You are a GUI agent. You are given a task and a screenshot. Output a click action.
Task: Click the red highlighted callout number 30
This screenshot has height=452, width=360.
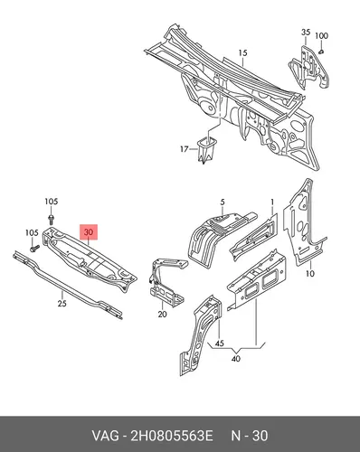(x=89, y=232)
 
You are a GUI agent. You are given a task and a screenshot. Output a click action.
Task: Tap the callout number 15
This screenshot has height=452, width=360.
(x=242, y=53)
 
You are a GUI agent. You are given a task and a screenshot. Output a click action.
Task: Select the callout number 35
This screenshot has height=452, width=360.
(x=306, y=32)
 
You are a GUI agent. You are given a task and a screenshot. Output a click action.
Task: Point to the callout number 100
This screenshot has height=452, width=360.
(x=321, y=35)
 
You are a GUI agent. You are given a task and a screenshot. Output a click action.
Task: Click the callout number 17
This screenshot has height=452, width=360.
(x=185, y=149)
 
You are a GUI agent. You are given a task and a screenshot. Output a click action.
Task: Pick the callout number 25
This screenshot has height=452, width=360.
(x=62, y=303)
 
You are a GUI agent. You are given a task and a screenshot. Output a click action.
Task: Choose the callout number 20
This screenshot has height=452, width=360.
(x=162, y=314)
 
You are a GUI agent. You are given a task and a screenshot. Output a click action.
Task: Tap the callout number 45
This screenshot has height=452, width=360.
(x=220, y=344)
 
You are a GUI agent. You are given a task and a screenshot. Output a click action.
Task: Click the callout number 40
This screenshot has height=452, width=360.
(x=236, y=359)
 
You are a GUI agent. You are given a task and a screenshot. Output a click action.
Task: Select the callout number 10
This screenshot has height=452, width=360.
(x=310, y=273)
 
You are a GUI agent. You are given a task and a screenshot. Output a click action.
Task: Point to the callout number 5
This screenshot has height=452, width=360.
(x=223, y=202)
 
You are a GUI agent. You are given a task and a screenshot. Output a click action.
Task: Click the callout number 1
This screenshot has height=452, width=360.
(x=272, y=202)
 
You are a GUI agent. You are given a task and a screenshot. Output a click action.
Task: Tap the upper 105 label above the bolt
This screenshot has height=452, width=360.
(x=52, y=202)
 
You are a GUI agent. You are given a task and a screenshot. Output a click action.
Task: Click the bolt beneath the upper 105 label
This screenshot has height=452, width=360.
(x=51, y=220)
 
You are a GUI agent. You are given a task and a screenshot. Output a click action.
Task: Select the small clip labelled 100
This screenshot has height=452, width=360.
(x=321, y=52)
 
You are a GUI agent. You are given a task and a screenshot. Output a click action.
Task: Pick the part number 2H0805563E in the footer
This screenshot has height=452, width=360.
(x=172, y=436)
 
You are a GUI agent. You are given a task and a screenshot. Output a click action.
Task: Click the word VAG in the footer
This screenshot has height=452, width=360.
(x=105, y=436)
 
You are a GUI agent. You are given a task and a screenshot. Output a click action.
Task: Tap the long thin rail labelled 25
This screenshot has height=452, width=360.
(x=68, y=285)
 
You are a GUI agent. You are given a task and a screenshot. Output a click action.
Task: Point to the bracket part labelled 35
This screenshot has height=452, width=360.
(x=308, y=68)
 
